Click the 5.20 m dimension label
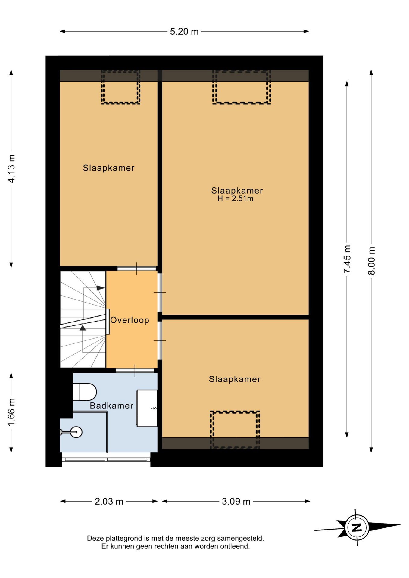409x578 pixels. click(184, 31)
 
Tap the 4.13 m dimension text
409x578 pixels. click(11, 169)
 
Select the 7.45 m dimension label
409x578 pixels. click(347, 259)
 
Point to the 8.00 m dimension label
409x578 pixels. click(371, 261)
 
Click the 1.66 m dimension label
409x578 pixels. click(11, 412)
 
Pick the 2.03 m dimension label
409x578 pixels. click(109, 501)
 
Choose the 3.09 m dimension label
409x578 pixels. click(236, 501)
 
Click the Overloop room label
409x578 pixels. click(130, 320)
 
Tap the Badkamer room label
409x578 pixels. click(111, 406)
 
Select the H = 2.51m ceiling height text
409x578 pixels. click(236, 199)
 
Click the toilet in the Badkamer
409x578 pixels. click(85, 392)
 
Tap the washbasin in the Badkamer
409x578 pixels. click(147, 408)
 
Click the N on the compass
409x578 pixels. click(357, 528)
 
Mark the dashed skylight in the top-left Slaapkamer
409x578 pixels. click(120, 87)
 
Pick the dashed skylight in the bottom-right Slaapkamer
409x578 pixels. click(235, 430)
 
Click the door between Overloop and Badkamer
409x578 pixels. click(135, 371)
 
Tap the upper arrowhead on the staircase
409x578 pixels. click(101, 288)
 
